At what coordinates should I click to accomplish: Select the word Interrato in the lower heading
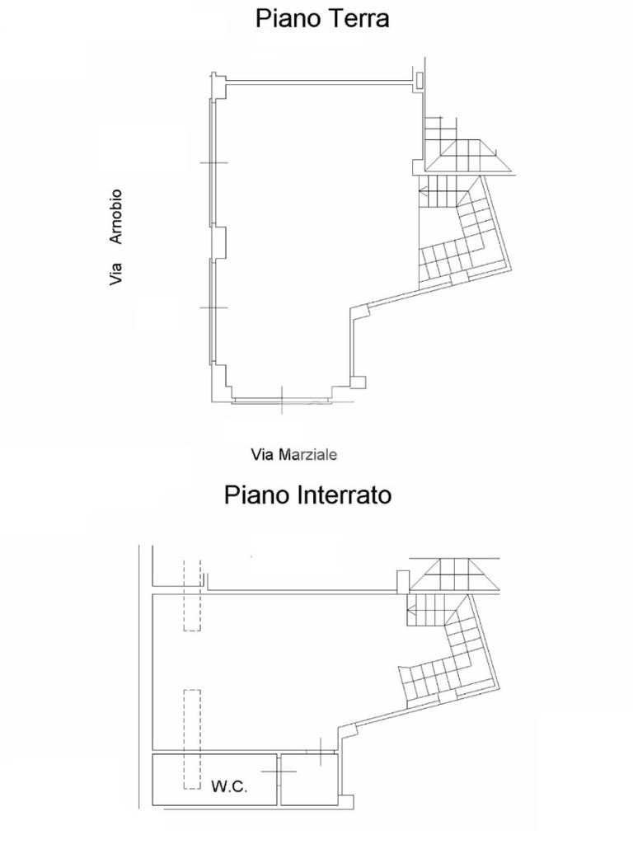pyautogui.click(x=344, y=495)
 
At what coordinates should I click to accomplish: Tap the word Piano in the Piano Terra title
pyautogui.click(x=288, y=18)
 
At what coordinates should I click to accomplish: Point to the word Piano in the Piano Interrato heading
pyautogui.click(x=257, y=495)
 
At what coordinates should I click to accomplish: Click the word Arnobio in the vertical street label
pyautogui.click(x=115, y=217)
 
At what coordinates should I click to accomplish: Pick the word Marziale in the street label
pyautogui.click(x=308, y=455)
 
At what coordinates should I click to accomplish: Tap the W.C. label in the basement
pyautogui.click(x=229, y=787)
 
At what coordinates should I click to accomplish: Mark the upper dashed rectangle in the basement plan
pyautogui.click(x=192, y=595)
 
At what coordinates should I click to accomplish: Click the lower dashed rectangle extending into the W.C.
pyautogui.click(x=192, y=739)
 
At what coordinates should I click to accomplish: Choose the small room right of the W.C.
pyautogui.click(x=310, y=780)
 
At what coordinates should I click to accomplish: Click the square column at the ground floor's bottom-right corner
pyautogui.click(x=359, y=382)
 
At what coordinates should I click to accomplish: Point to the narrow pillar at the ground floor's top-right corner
pyautogui.click(x=419, y=80)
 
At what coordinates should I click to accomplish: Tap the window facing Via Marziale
pyautogui.click(x=282, y=401)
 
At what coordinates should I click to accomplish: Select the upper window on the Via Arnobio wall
pyautogui.click(x=213, y=163)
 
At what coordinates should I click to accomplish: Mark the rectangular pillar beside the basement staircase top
pyautogui.click(x=402, y=581)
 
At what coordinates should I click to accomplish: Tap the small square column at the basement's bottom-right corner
pyautogui.click(x=348, y=802)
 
